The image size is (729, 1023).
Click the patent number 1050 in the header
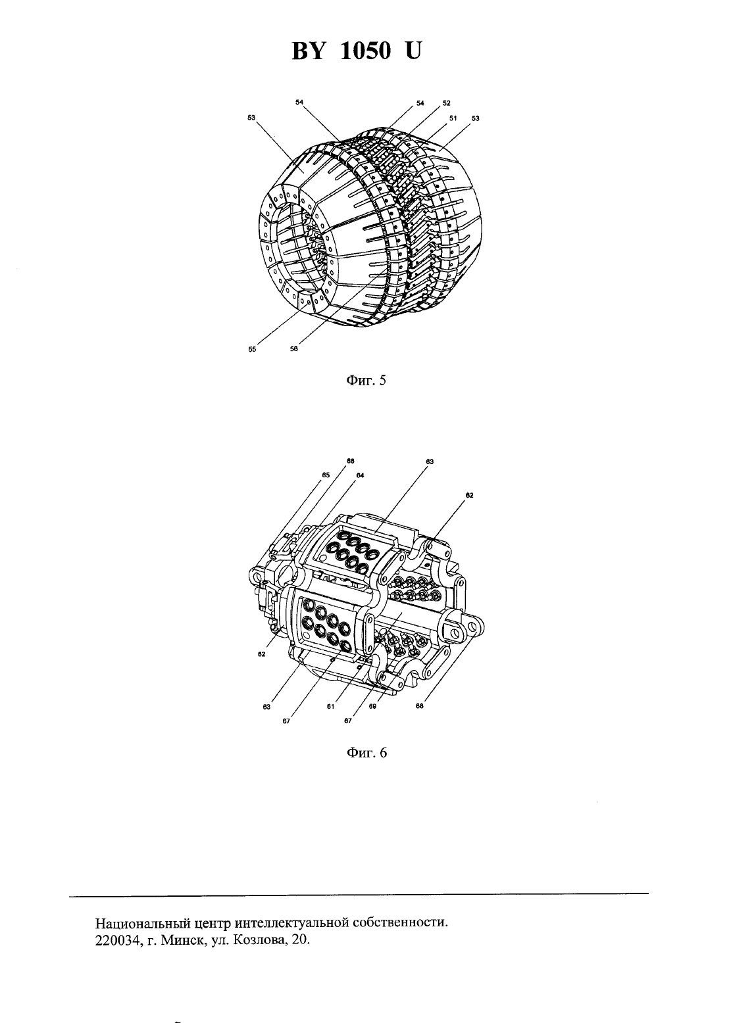(366, 51)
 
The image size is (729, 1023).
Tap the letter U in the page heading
(412, 51)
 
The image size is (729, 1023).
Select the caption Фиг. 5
(366, 380)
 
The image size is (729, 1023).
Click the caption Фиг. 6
(366, 752)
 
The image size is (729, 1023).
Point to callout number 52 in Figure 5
(447, 103)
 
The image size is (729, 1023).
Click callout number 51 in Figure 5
(453, 118)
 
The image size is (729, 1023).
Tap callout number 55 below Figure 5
(252, 349)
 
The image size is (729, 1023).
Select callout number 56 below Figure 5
(294, 348)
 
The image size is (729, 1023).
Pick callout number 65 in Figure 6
(326, 475)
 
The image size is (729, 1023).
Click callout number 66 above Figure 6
(350, 462)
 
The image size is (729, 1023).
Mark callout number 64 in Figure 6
(360, 475)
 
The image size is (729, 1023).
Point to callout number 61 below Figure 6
(330, 707)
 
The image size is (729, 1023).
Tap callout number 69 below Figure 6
(372, 706)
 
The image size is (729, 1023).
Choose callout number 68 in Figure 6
(420, 705)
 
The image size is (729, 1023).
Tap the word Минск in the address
(183, 940)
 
